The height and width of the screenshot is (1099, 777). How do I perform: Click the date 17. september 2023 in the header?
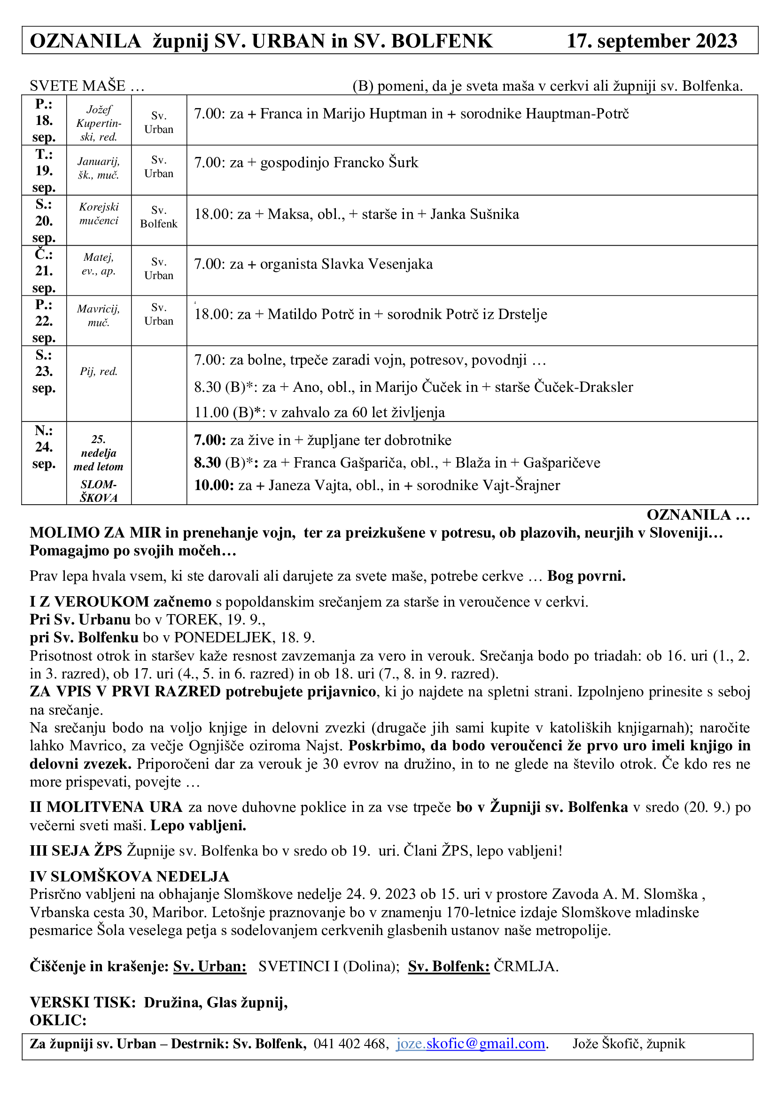(652, 41)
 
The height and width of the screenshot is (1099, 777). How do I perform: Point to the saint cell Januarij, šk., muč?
(99, 169)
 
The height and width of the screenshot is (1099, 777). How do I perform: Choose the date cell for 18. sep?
(44, 120)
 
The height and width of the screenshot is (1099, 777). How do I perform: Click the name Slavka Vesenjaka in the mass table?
(377, 264)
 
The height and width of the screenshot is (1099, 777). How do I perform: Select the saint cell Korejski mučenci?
(99, 213)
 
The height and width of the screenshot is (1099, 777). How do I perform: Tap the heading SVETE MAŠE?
(86, 86)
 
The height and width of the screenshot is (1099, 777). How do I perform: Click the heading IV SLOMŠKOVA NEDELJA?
(129, 876)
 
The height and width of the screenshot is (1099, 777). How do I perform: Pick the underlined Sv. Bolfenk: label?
(448, 966)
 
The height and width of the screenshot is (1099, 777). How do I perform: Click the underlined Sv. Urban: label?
(210, 966)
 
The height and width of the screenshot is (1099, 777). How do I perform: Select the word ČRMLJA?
(526, 966)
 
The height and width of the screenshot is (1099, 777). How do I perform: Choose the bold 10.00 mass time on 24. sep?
(213, 485)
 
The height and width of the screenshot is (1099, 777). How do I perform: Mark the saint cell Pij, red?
(99, 372)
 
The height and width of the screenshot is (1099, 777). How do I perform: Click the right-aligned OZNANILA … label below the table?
(698, 514)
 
